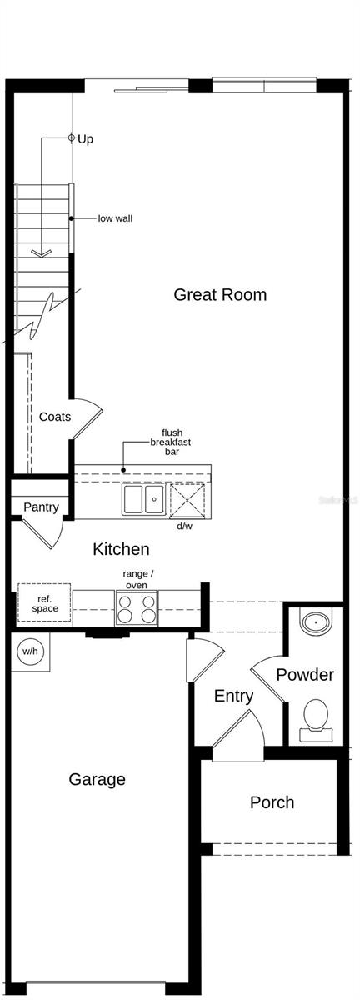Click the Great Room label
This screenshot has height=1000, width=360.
click(x=220, y=294)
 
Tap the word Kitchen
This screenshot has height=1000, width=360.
click(x=121, y=549)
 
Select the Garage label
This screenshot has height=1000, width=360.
click(x=97, y=779)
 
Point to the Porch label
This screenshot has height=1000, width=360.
click(x=272, y=802)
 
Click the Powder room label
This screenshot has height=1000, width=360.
click(x=304, y=675)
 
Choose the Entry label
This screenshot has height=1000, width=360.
click(x=233, y=696)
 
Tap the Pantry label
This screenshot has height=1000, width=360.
click(x=41, y=507)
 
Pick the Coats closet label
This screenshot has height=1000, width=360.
click(x=55, y=417)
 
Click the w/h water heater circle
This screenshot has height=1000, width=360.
click(x=30, y=651)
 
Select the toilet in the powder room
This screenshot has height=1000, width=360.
click(x=316, y=717)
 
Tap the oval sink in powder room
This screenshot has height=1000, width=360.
click(x=316, y=622)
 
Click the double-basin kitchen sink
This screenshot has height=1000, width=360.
click(x=143, y=500)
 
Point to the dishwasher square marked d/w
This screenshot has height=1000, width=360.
click(x=187, y=500)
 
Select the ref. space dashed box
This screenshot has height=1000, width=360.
click(x=44, y=603)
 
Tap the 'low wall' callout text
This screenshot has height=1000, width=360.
click(x=115, y=218)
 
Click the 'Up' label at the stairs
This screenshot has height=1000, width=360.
click(x=85, y=139)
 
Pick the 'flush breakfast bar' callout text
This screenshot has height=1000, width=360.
click(x=172, y=442)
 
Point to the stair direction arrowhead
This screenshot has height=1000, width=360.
click(x=41, y=252)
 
